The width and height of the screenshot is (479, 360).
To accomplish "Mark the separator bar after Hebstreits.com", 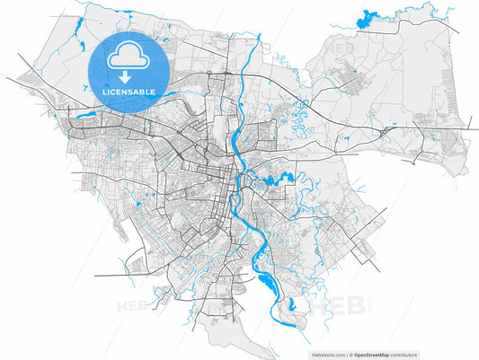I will pyautogui.click(x=347, y=356).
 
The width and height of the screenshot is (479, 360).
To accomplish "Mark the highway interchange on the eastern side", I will pyautogui.click(x=386, y=131).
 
